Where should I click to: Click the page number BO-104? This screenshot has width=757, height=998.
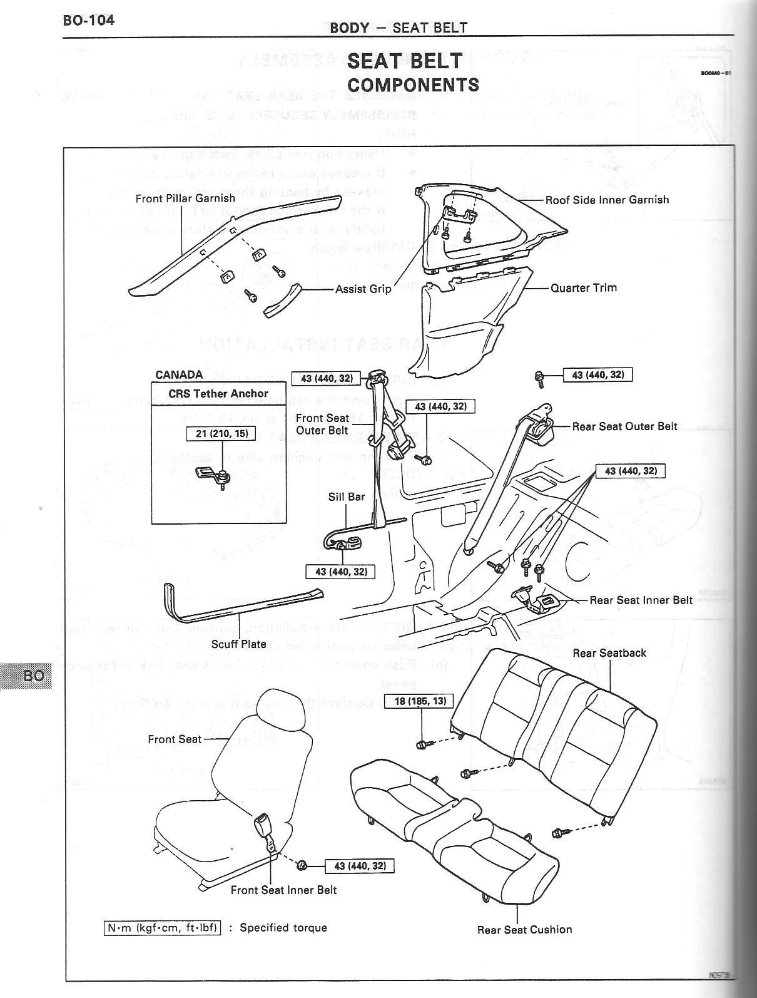(88, 20)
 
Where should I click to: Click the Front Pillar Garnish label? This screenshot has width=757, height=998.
(185, 198)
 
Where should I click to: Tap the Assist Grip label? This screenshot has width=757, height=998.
(363, 289)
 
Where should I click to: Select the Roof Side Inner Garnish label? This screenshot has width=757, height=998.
(607, 200)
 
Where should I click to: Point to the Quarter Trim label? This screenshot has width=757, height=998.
(583, 288)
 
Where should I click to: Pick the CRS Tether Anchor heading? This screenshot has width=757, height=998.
(218, 393)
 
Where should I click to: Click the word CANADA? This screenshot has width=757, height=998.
(179, 374)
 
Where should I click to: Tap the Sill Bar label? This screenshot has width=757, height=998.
(347, 496)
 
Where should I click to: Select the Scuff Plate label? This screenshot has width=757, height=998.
(238, 644)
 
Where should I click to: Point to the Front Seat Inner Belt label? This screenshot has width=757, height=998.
(283, 890)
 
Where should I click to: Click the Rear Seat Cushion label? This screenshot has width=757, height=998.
(524, 930)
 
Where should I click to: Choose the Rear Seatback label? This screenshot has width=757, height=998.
(609, 652)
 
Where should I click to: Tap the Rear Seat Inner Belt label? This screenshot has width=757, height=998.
(641, 600)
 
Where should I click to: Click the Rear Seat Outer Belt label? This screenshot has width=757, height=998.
(624, 426)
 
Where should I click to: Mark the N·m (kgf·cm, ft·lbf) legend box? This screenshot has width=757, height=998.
(162, 927)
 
